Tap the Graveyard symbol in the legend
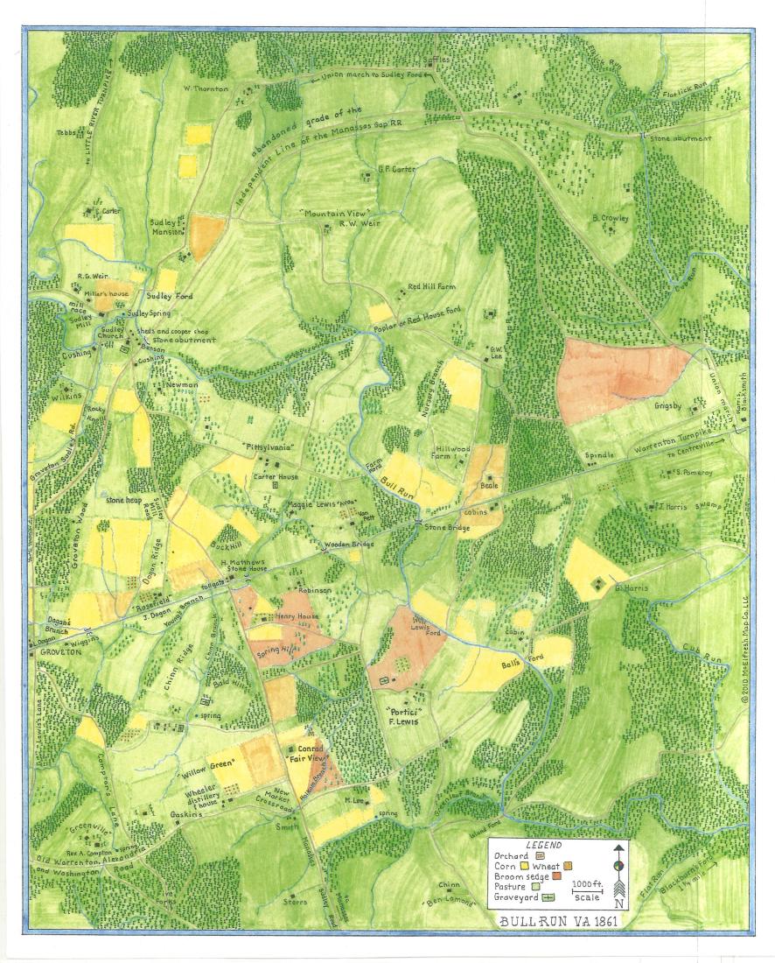point(551,896)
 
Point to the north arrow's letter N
point(619,903)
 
